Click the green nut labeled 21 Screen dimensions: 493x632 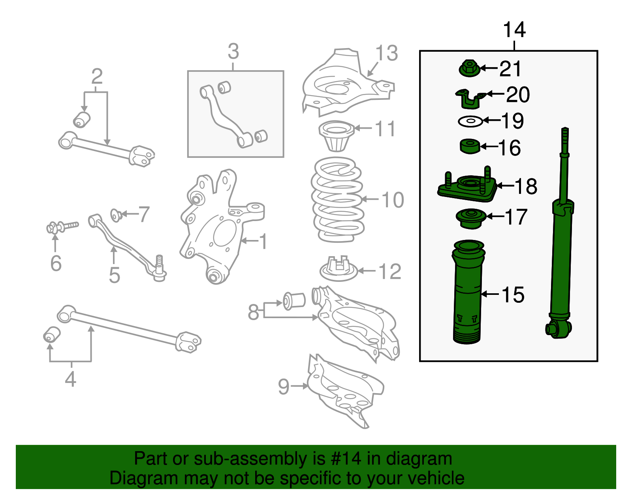coord(469,69)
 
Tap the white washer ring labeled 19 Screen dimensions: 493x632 coord(470,121)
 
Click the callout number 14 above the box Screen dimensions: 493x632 coord(514,30)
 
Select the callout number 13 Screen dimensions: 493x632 coord(386,53)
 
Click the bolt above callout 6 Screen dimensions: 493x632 coord(63,227)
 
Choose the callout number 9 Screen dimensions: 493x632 coord(284,386)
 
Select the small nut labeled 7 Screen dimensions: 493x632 coord(116,215)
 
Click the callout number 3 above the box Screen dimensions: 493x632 coord(233,52)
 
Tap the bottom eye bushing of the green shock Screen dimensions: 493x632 coord(557,329)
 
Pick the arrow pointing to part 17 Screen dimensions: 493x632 coord(496,216)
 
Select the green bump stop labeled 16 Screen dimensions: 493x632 coord(470,146)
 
